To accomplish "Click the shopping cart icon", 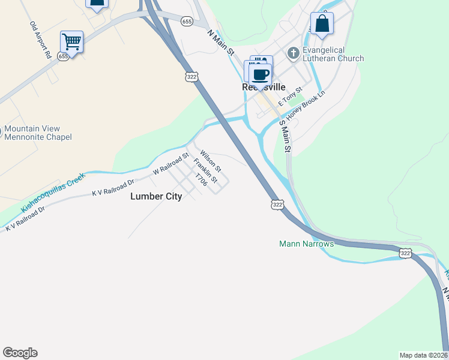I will (x=71, y=42).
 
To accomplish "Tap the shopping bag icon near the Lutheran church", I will (x=322, y=25).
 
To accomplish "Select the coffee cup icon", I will (x=261, y=76).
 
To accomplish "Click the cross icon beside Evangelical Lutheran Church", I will (x=293, y=53).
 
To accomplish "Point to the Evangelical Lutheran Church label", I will (x=333, y=54).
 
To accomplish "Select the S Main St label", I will (x=285, y=136).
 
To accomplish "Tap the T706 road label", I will (x=201, y=180).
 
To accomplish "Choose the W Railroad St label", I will (x=171, y=164).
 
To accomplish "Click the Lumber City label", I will (x=156, y=196).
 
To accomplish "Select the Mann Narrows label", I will (x=306, y=244).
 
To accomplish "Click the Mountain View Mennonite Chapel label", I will (x=37, y=133).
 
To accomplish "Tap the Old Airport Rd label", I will (x=40, y=40).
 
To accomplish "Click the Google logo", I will (x=20, y=353).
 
